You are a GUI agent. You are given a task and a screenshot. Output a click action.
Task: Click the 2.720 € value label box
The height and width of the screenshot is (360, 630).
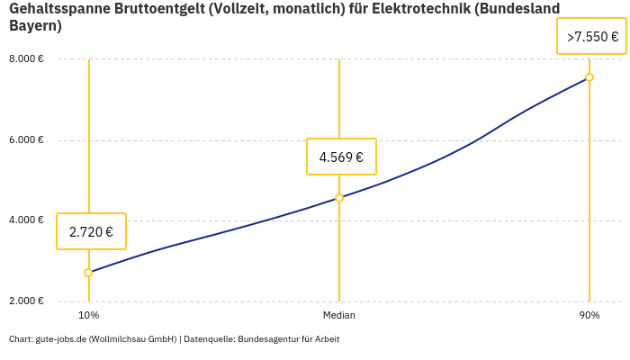(x=91, y=231)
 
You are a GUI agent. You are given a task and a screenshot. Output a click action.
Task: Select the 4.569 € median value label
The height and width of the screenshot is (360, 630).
(x=341, y=157)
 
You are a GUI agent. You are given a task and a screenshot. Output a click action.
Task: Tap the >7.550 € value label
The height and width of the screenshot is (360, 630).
(x=591, y=37)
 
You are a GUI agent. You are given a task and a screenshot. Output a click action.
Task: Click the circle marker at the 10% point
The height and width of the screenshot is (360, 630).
(x=88, y=273)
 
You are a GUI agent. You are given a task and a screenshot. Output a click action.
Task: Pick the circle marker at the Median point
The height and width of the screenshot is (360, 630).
(x=339, y=198)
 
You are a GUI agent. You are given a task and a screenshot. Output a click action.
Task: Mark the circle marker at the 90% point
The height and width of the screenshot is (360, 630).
(x=589, y=77)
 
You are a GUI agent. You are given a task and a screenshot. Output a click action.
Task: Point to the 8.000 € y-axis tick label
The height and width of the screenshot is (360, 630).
(x=27, y=59)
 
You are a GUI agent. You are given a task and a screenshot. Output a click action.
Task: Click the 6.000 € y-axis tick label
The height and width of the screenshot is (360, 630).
(x=27, y=140)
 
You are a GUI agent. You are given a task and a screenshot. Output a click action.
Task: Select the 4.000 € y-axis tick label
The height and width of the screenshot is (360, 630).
(x=27, y=220)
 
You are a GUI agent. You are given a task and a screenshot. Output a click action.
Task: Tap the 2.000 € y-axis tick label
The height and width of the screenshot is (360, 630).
(x=27, y=301)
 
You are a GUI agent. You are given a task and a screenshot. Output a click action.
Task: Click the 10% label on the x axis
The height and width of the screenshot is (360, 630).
(x=88, y=315)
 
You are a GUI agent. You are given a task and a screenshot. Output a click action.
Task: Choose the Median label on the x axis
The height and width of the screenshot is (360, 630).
(x=339, y=315)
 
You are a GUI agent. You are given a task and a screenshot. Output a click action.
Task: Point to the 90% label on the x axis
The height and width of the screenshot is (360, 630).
(x=589, y=315)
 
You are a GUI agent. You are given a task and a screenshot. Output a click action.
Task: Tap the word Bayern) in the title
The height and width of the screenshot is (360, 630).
(x=35, y=26)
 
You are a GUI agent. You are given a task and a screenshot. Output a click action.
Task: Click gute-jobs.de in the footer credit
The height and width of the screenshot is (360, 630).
(x=60, y=339)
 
